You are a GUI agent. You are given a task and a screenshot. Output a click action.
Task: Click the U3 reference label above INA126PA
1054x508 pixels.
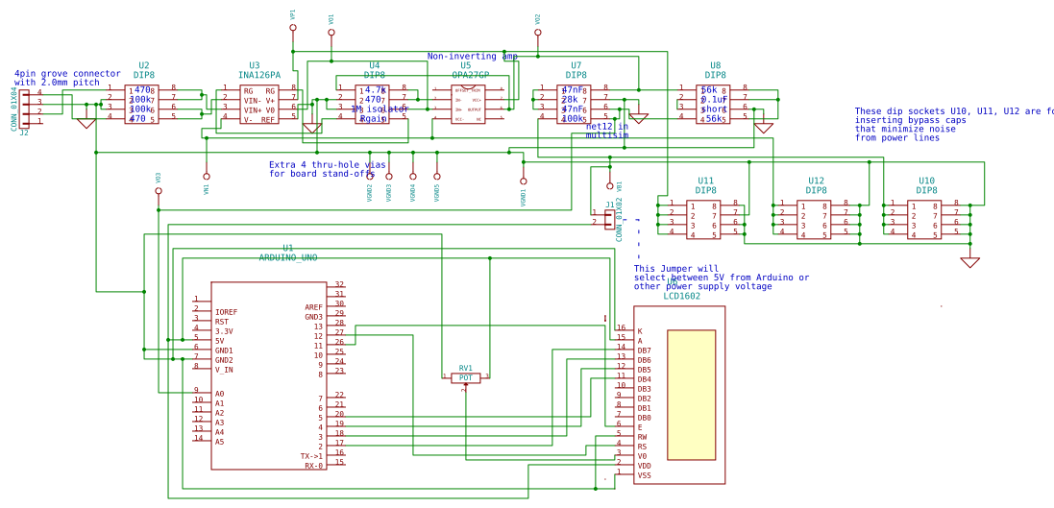pyautogui.click(x=254, y=66)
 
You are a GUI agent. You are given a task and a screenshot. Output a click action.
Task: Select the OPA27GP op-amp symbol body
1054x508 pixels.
pyautogui.click(x=470, y=105)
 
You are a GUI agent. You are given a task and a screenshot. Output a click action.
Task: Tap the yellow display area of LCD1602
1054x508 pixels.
pyautogui.click(x=691, y=395)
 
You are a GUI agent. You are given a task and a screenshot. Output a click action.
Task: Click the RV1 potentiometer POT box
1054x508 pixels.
pyautogui.click(x=465, y=378)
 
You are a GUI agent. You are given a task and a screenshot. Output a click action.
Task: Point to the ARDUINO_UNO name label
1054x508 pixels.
pyautogui.click(x=287, y=257)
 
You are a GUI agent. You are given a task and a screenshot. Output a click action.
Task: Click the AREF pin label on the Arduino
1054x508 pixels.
pyautogui.click(x=314, y=307)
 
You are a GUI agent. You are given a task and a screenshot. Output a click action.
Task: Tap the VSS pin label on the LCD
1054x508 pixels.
pyautogui.click(x=644, y=475)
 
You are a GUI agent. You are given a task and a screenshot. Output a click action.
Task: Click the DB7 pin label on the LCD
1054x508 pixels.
pyautogui.click(x=644, y=351)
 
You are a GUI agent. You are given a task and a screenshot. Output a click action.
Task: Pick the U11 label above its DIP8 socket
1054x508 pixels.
pyautogui.click(x=705, y=181)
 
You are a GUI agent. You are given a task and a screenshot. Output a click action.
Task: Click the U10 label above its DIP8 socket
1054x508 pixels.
pyautogui.click(x=926, y=181)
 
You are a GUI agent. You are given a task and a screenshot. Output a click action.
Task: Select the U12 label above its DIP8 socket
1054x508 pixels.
pyautogui.click(x=816, y=181)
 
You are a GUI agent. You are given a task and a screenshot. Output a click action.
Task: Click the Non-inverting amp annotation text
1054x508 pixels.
pyautogui.click(x=472, y=56)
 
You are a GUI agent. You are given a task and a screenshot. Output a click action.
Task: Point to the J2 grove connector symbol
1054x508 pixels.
pyautogui.click(x=25, y=108)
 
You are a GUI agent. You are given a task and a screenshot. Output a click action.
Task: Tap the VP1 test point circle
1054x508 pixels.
pyautogui.click(x=293, y=28)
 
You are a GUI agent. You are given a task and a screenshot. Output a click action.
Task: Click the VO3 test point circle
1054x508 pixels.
pyautogui.click(x=159, y=191)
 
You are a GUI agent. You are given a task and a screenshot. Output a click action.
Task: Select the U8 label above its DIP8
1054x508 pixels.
pyautogui.click(x=715, y=66)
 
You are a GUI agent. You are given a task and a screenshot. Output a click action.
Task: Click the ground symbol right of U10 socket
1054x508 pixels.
pyautogui.click(x=969, y=261)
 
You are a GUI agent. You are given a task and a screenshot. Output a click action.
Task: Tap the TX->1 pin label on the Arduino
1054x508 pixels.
pyautogui.click(x=311, y=456)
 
